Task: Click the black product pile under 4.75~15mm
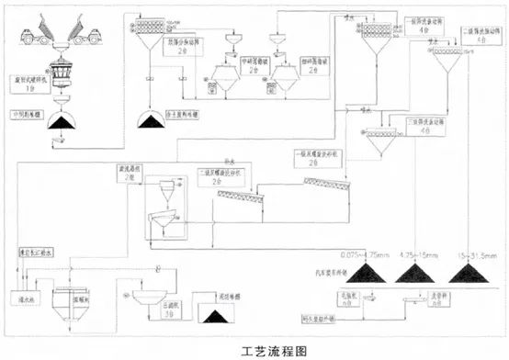(x=419, y=273)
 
